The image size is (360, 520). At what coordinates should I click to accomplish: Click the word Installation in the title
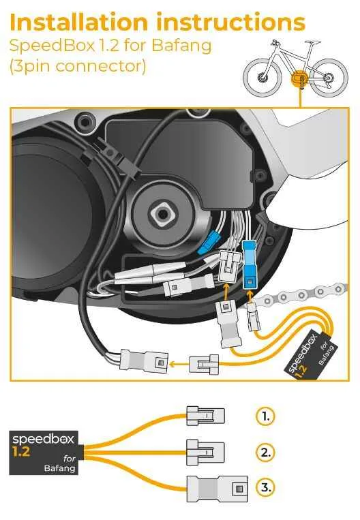tap(79, 22)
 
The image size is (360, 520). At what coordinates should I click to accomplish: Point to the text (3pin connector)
tap(78, 65)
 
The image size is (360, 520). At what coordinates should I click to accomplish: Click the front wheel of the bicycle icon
tap(262, 78)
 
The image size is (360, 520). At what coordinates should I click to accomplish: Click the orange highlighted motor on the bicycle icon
tap(300, 79)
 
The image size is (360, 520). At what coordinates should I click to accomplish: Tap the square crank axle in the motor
tap(162, 214)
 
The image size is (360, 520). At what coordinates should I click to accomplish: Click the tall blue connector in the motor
tap(251, 264)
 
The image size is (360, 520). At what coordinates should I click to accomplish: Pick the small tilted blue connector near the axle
tap(208, 243)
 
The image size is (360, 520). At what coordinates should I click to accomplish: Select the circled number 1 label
tap(265, 416)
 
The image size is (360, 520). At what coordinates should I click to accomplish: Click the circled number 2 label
tap(265, 452)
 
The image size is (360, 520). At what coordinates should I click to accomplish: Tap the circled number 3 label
tap(265, 487)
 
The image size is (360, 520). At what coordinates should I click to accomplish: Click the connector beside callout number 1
tap(205, 416)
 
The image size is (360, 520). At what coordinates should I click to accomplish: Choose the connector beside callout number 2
tap(205, 453)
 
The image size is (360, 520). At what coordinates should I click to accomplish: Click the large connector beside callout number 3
tap(217, 489)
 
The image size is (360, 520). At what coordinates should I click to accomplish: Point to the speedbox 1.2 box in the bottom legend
tap(44, 453)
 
